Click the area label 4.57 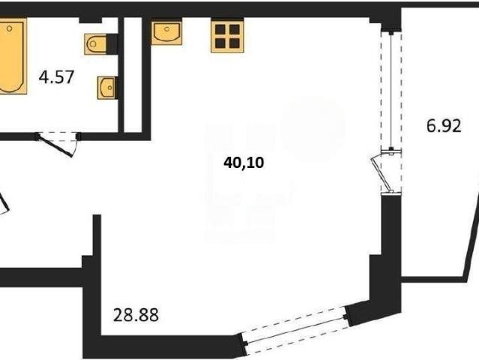click(x=56, y=77)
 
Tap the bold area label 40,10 click(x=244, y=163)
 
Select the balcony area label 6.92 click(x=444, y=125)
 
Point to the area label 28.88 click(x=136, y=315)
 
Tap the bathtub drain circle click(x=10, y=28)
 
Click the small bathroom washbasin click(x=107, y=88)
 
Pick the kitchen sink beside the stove click(x=166, y=31)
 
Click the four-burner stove click(x=227, y=36)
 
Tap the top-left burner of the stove click(x=220, y=29)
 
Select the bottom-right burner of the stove click(x=235, y=43)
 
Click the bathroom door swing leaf click(x=55, y=146)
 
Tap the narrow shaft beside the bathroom click(x=133, y=75)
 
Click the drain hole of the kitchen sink click(x=167, y=29)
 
